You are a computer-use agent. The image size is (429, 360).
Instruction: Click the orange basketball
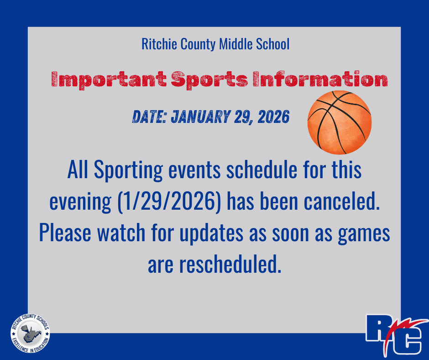(x=340, y=122)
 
